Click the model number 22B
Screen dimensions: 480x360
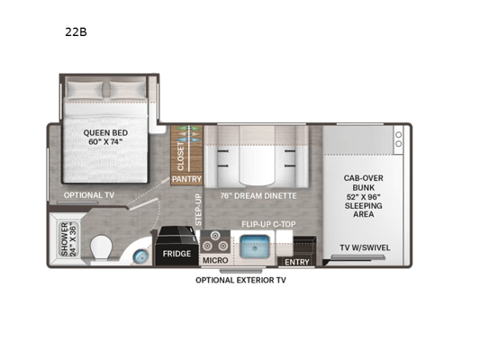[76, 32]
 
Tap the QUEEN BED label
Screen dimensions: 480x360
[105, 132]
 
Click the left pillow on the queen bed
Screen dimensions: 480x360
[85, 90]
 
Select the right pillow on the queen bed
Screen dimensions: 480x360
[127, 90]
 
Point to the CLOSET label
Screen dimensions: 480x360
[181, 157]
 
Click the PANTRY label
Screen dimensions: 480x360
[186, 179]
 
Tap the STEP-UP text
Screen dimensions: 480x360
[198, 210]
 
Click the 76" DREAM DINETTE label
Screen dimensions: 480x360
[258, 196]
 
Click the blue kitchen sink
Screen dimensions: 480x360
[255, 247]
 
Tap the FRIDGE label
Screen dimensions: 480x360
[177, 254]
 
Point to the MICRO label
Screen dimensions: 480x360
[215, 260]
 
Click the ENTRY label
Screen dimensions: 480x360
[297, 262]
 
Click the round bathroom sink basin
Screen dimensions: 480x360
[141, 256]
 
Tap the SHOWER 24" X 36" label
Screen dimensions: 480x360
[69, 239]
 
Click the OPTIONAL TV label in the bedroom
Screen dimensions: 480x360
[89, 195]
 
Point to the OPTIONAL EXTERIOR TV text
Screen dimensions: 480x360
[240, 280]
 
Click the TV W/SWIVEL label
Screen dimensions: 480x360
[365, 247]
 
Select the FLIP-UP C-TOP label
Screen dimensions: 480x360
[268, 224]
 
